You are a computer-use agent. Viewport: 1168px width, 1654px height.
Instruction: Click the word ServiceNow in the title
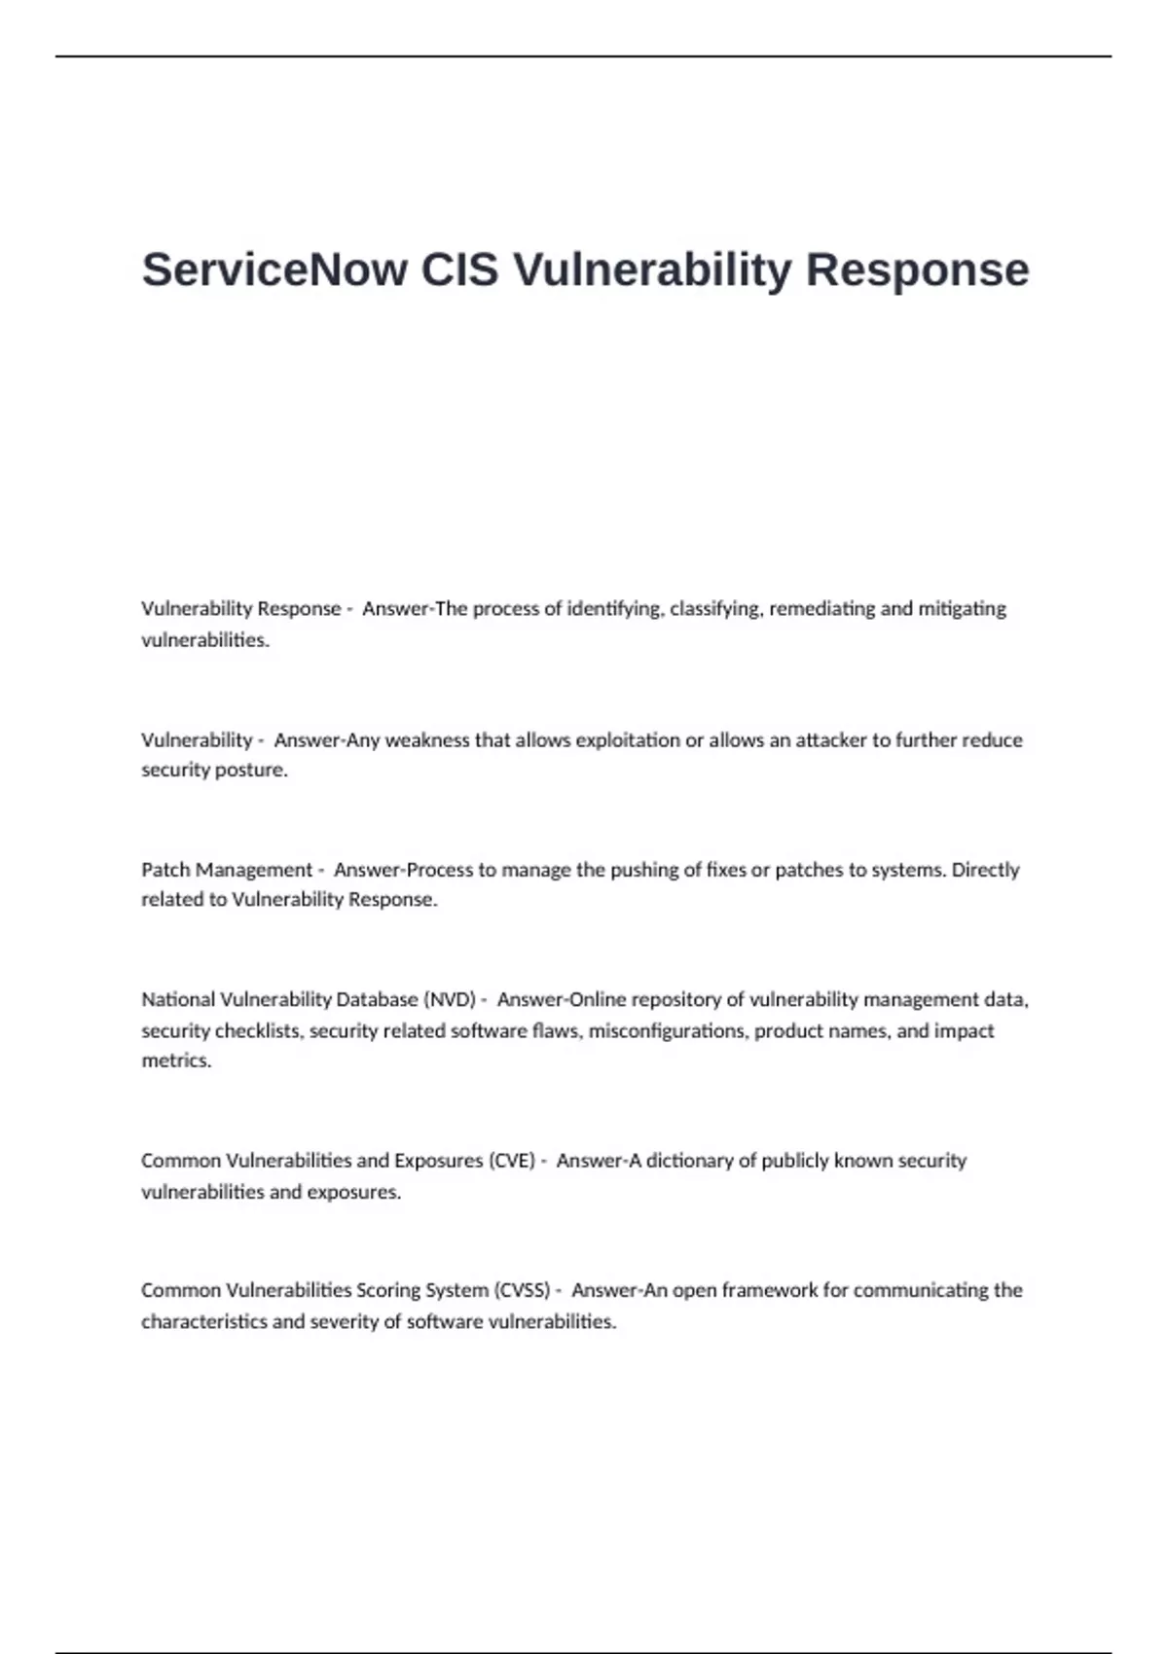click(x=274, y=270)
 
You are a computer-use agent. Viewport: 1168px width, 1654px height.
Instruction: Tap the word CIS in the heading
click(x=459, y=270)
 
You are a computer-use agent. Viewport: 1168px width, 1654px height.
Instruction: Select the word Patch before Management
click(x=164, y=870)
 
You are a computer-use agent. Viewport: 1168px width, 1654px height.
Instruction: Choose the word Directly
click(x=985, y=870)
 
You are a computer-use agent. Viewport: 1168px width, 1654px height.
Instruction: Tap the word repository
click(x=675, y=1000)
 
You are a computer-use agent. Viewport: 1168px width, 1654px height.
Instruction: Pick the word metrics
click(x=175, y=1061)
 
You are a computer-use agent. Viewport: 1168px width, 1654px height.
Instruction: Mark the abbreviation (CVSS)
click(x=522, y=1291)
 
